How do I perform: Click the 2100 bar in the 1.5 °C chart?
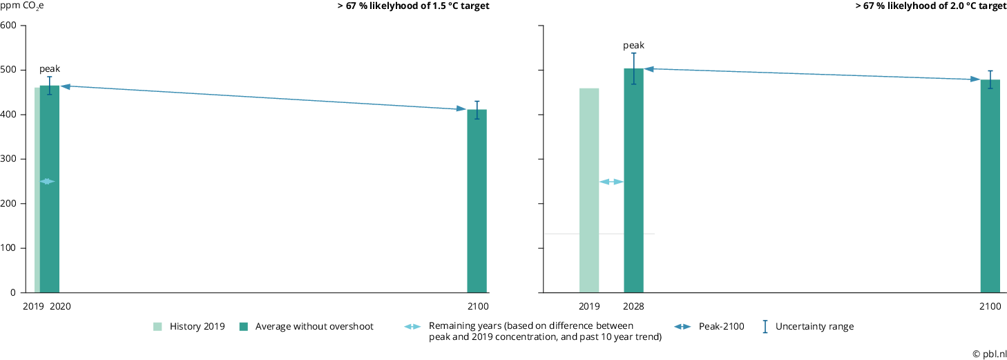tap(477, 201)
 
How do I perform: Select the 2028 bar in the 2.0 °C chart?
tap(633, 180)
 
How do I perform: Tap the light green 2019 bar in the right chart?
tap(588, 190)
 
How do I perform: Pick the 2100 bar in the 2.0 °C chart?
tap(990, 186)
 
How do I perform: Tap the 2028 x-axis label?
tap(633, 306)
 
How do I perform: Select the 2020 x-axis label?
tap(61, 306)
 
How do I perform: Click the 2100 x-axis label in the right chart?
tap(990, 306)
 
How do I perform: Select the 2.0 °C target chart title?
tap(930, 6)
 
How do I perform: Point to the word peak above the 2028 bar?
tap(633, 46)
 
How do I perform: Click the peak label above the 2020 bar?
tap(50, 69)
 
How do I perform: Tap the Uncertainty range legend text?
tap(814, 327)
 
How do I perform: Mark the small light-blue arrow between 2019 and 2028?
tap(611, 182)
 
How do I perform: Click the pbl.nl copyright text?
tap(989, 353)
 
